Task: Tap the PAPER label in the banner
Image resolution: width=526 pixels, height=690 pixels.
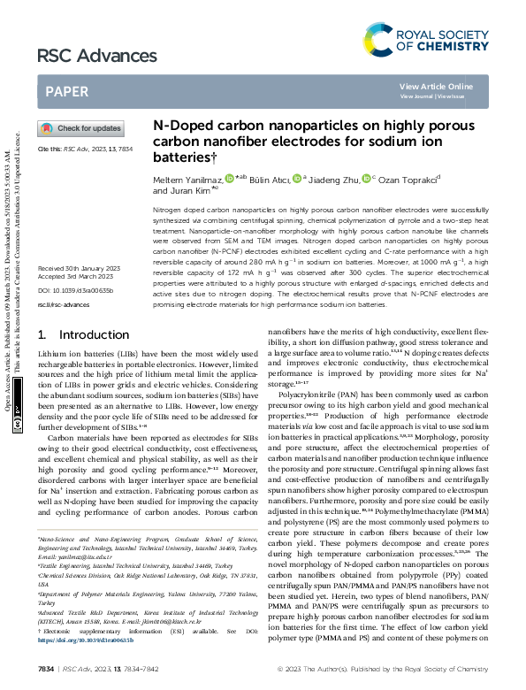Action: coord(66,91)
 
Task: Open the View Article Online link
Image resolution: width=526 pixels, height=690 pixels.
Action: coord(436,86)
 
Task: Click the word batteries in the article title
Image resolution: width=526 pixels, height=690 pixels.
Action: coord(181,157)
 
